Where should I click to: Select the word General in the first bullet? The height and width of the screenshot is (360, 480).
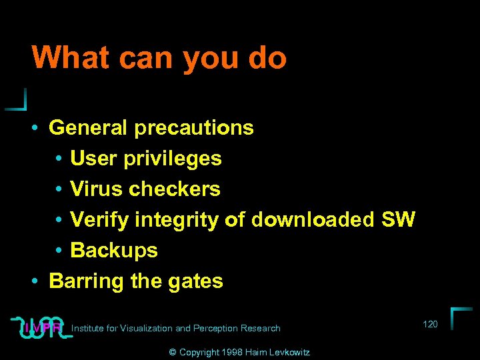[89, 127]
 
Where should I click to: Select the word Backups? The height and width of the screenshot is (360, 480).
[114, 250]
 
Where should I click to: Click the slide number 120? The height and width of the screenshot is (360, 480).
[430, 324]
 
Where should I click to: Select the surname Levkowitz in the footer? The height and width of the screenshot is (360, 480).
[288, 352]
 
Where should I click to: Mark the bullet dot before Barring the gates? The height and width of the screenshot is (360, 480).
[33, 281]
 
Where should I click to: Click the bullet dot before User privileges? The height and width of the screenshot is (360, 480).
[59, 159]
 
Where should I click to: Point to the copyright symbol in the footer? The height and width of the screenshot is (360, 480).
[172, 352]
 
